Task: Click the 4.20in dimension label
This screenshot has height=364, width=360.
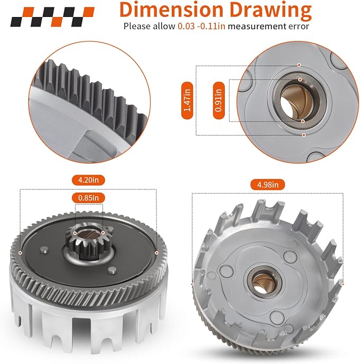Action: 89,180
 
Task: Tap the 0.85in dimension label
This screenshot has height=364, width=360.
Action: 89,198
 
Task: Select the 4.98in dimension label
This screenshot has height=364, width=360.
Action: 267,185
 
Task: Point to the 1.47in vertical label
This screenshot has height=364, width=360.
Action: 187,100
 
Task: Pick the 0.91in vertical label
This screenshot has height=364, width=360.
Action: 219,100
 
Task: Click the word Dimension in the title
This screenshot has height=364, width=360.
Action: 171,10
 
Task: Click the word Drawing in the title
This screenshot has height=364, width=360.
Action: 270,11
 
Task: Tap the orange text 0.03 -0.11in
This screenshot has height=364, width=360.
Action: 201,26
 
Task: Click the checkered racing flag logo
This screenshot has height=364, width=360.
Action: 52,17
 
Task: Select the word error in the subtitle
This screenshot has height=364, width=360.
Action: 299,26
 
